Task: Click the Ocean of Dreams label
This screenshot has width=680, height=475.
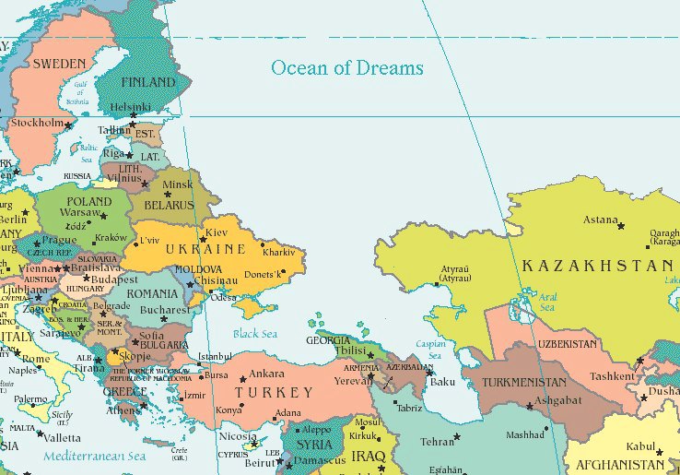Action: click(x=346, y=67)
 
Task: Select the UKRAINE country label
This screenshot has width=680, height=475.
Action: click(x=205, y=249)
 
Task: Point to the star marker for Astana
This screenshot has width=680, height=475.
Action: click(x=620, y=226)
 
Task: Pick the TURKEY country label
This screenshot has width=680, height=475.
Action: click(x=274, y=392)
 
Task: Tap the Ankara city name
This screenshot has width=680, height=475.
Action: click(x=267, y=374)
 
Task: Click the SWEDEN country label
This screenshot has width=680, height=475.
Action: click(x=59, y=64)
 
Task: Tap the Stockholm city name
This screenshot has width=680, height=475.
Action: click(x=37, y=123)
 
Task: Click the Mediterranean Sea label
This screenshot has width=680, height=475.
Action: click(x=97, y=455)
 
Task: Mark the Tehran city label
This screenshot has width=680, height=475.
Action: click(x=438, y=442)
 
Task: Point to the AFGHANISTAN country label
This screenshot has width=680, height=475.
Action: click(x=621, y=465)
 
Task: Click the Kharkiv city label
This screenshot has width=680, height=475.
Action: click(x=278, y=251)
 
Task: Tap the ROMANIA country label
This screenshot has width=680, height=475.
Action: click(x=151, y=293)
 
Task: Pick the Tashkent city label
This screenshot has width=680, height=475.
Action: click(x=612, y=375)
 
